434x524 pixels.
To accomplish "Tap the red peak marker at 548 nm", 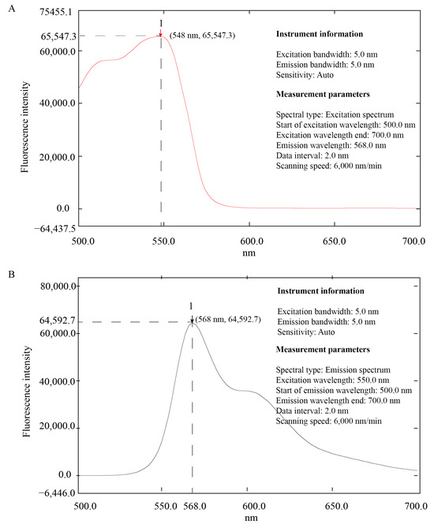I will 161,35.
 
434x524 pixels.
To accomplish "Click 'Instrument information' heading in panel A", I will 320,35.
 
